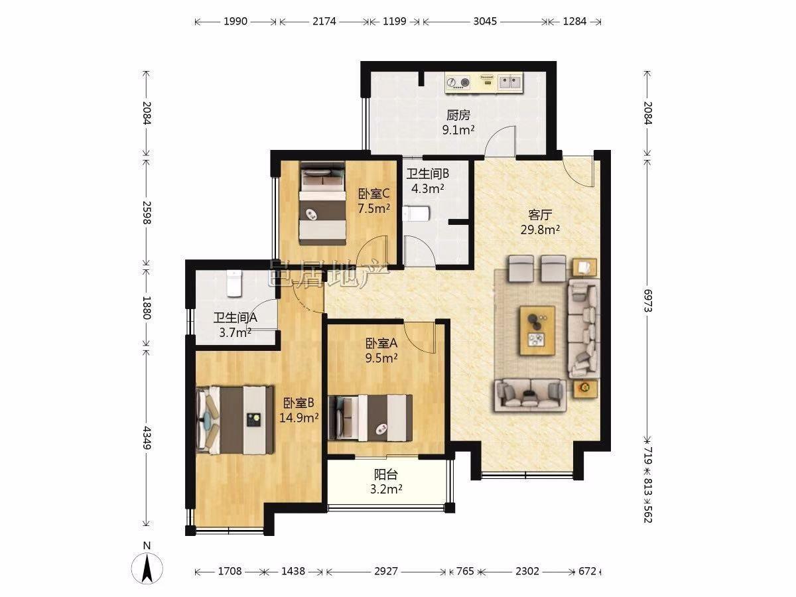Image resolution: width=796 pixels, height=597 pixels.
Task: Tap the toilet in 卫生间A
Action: pos(234,284)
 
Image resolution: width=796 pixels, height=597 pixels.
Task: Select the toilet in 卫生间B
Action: pos(416,214)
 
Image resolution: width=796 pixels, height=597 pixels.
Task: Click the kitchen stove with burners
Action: pos(458,83)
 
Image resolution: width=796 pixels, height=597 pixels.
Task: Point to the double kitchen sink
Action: pos(510,82)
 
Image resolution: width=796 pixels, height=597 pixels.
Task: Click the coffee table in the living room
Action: pos(537,330)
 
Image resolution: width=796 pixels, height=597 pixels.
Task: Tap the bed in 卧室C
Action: pos(322,204)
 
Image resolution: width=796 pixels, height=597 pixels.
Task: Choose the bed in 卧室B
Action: pos(235,420)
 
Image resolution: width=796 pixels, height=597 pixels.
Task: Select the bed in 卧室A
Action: pos(370,418)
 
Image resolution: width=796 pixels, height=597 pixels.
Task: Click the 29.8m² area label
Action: pos(540,230)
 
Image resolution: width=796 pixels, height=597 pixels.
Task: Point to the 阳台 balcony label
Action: pos(386,475)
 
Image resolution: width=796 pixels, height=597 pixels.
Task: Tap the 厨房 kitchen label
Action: pos(458,115)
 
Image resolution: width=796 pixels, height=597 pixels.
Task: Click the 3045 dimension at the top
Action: pos(485,21)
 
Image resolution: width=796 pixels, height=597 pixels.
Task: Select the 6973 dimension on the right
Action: pos(647,300)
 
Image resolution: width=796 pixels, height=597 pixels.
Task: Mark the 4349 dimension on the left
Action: pos(147,438)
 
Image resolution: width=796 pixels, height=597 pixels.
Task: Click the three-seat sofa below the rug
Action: pos(531,395)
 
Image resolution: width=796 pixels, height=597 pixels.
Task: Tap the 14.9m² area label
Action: pos(298,418)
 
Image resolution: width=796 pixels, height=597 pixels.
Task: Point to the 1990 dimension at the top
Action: pos(235,21)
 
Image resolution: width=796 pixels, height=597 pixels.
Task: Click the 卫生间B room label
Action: pos(428,174)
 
